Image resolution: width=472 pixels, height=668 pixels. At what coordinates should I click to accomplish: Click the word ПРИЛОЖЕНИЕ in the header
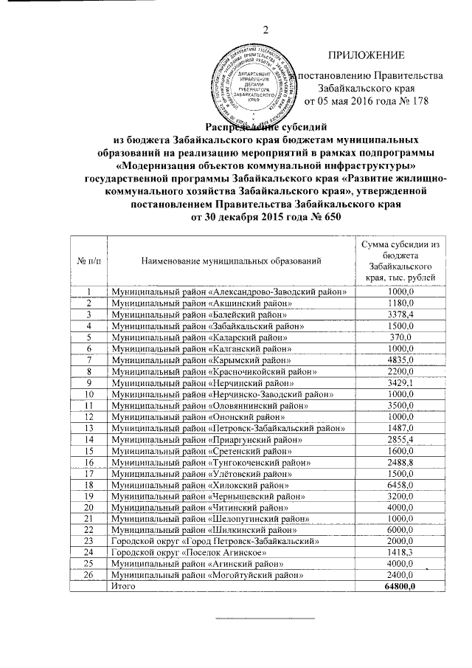point(367,55)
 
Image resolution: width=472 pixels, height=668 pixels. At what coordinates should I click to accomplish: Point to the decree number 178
point(419,100)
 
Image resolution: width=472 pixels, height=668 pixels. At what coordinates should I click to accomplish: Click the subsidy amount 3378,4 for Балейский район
point(402,314)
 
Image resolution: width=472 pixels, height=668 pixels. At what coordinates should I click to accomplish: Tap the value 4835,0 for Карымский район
point(402,359)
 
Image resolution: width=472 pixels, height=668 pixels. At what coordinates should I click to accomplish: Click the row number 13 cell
point(88,427)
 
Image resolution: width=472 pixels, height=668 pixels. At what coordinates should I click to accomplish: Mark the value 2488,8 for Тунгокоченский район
point(402,461)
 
